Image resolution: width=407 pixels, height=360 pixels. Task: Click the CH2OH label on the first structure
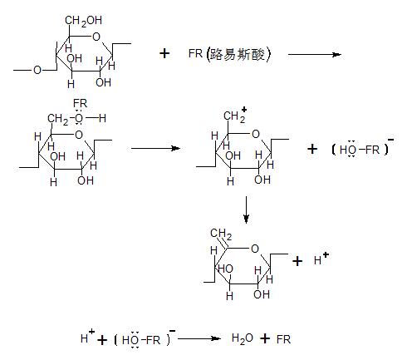pos(83,21)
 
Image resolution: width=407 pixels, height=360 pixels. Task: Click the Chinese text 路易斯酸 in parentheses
pos(238,54)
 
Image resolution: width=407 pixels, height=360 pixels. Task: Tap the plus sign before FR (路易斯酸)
pos(164,53)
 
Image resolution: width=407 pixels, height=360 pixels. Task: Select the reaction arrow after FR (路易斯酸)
pos(315,54)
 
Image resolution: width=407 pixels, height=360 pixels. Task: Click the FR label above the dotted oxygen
pos(80,104)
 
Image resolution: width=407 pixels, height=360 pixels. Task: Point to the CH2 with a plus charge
pos(235,115)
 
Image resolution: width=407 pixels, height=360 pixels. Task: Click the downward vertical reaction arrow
pos(246,210)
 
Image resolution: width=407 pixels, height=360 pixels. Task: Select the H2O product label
pos(243,339)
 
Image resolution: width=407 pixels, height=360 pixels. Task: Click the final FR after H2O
pos(283,339)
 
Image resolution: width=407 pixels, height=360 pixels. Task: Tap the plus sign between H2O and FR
pos(265,338)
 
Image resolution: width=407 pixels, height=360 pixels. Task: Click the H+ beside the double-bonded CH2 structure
pos(321,259)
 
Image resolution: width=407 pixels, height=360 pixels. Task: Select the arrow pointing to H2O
pos(199,338)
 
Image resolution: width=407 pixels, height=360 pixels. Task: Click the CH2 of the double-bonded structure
pos(221,234)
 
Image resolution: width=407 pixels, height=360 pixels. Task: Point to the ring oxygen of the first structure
pos(96,37)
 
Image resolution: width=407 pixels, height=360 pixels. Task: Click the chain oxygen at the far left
pos(37,70)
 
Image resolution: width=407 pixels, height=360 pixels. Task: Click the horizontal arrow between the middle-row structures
pos(155,148)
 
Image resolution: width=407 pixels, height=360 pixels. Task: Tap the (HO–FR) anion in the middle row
pos(362,148)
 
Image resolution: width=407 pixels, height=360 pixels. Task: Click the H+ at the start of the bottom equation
pos(87,336)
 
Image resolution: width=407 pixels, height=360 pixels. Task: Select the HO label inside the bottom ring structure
pos(226,269)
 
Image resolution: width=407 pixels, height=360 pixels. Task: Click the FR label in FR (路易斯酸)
pos(195,53)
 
